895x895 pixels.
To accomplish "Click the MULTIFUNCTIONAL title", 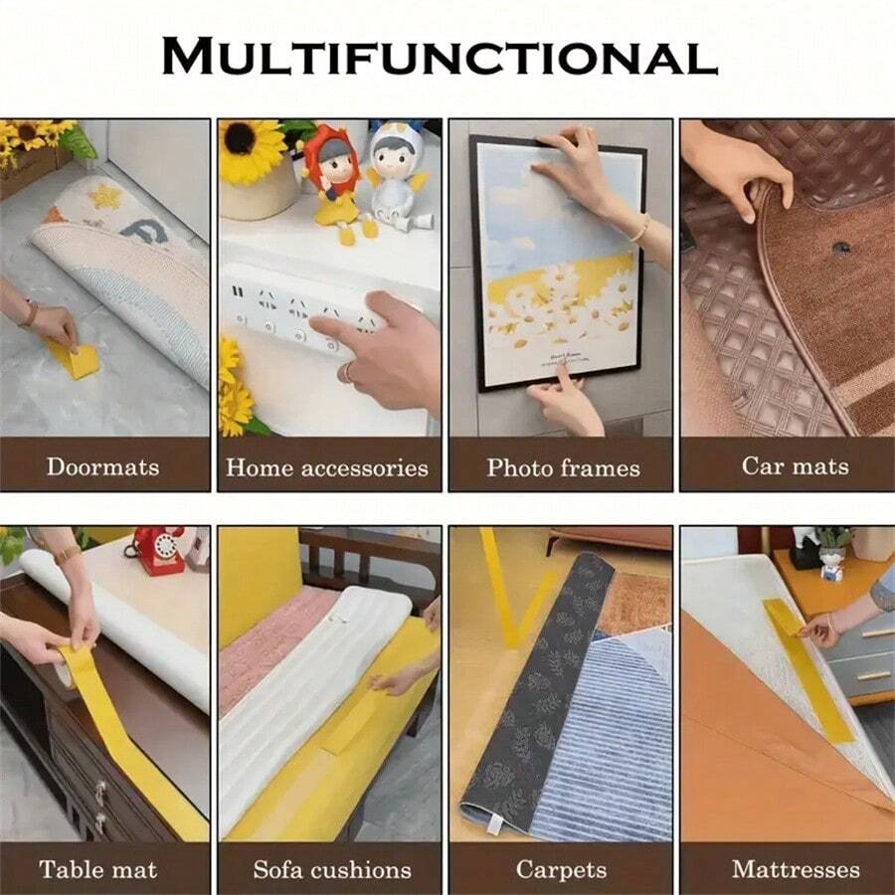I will pos(439,57).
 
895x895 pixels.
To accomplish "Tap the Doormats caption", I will pos(102,465).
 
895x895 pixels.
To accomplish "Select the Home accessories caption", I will pos(327,466).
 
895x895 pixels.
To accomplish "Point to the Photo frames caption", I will pos(563,466).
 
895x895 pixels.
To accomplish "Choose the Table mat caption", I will pos(98,869).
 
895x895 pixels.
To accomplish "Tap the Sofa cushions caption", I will pos(331,869).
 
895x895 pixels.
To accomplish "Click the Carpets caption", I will pos(561,869).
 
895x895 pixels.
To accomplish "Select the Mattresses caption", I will pos(796,869).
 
